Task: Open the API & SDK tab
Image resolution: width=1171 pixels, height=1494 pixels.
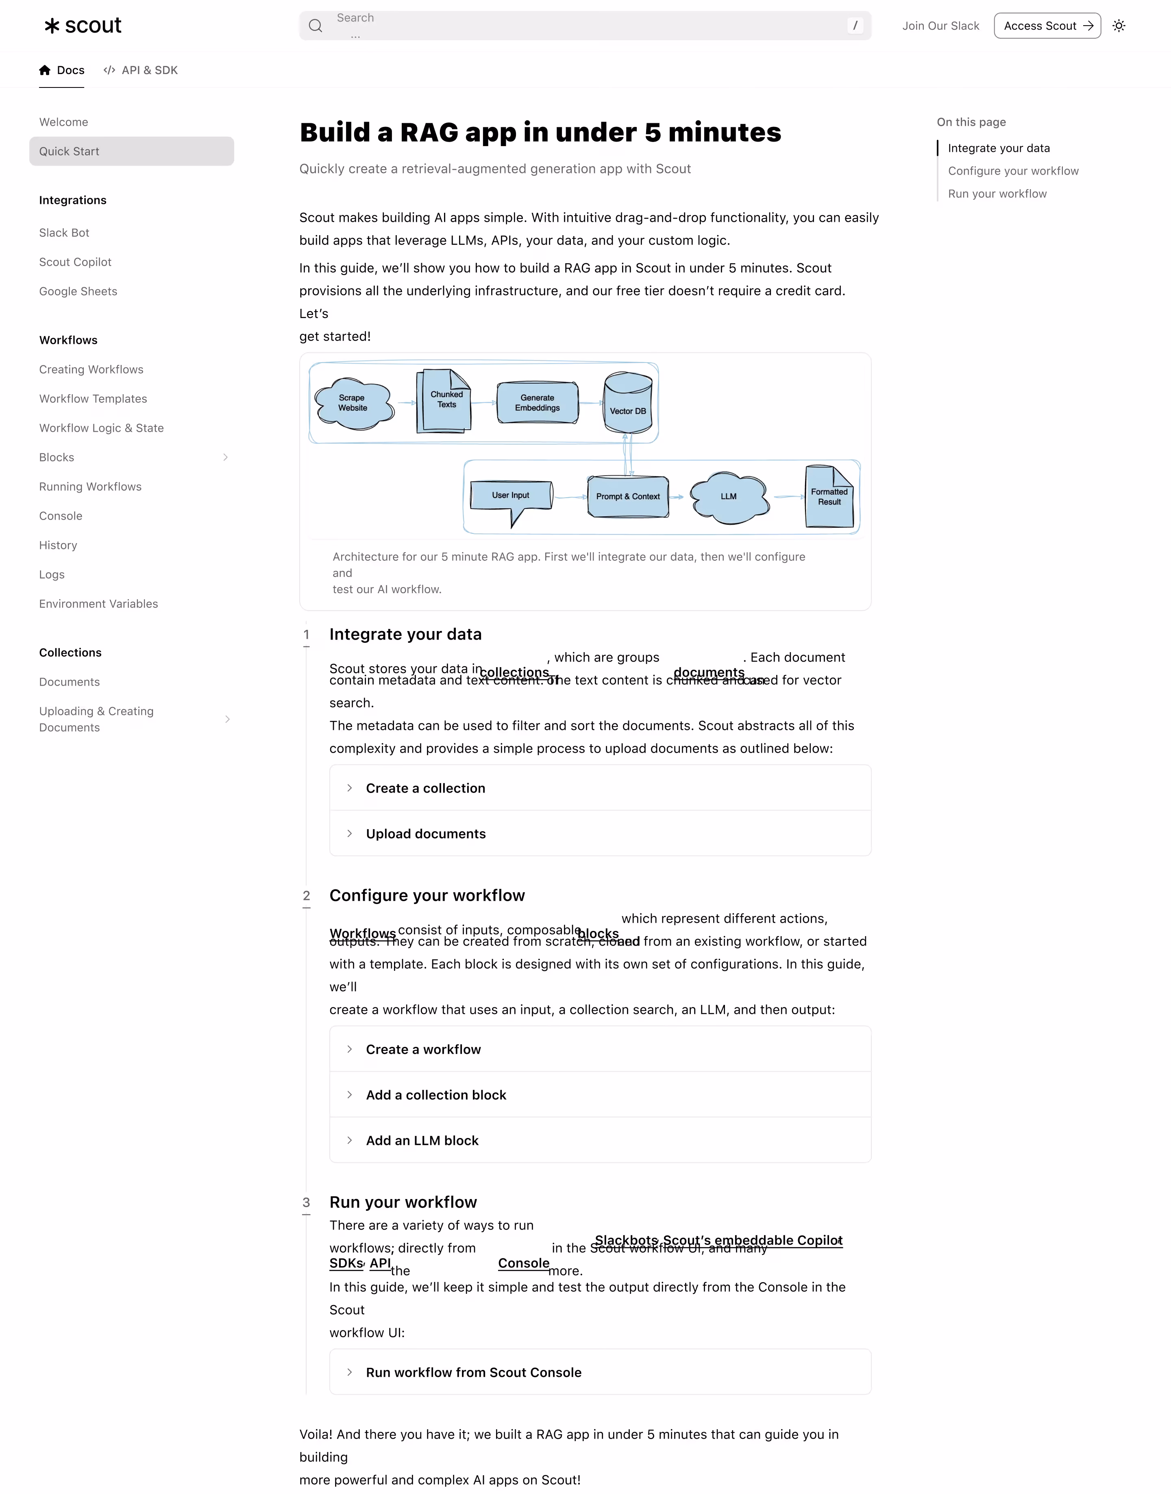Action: click(x=141, y=70)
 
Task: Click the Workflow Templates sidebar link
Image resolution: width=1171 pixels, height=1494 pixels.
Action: click(x=93, y=399)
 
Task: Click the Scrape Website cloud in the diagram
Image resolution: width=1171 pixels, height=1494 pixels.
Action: click(x=353, y=403)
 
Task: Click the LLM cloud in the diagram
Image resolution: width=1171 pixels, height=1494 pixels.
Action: click(x=729, y=497)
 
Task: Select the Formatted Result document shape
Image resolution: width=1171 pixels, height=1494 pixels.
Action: click(x=829, y=497)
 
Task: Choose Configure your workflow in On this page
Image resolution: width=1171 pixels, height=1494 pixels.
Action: click(x=1012, y=171)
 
